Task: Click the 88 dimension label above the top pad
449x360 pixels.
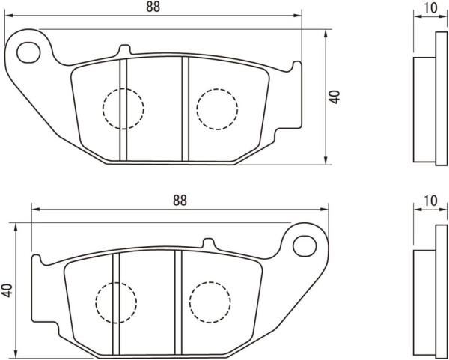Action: click(153, 7)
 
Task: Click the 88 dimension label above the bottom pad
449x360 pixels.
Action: click(180, 201)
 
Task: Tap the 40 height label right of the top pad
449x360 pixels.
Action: click(335, 97)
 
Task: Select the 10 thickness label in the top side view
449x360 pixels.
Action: click(430, 8)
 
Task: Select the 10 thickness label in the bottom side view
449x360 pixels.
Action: click(430, 201)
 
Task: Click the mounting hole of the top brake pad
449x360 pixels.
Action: click(28, 52)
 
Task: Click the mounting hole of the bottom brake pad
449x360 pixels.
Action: click(305, 246)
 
